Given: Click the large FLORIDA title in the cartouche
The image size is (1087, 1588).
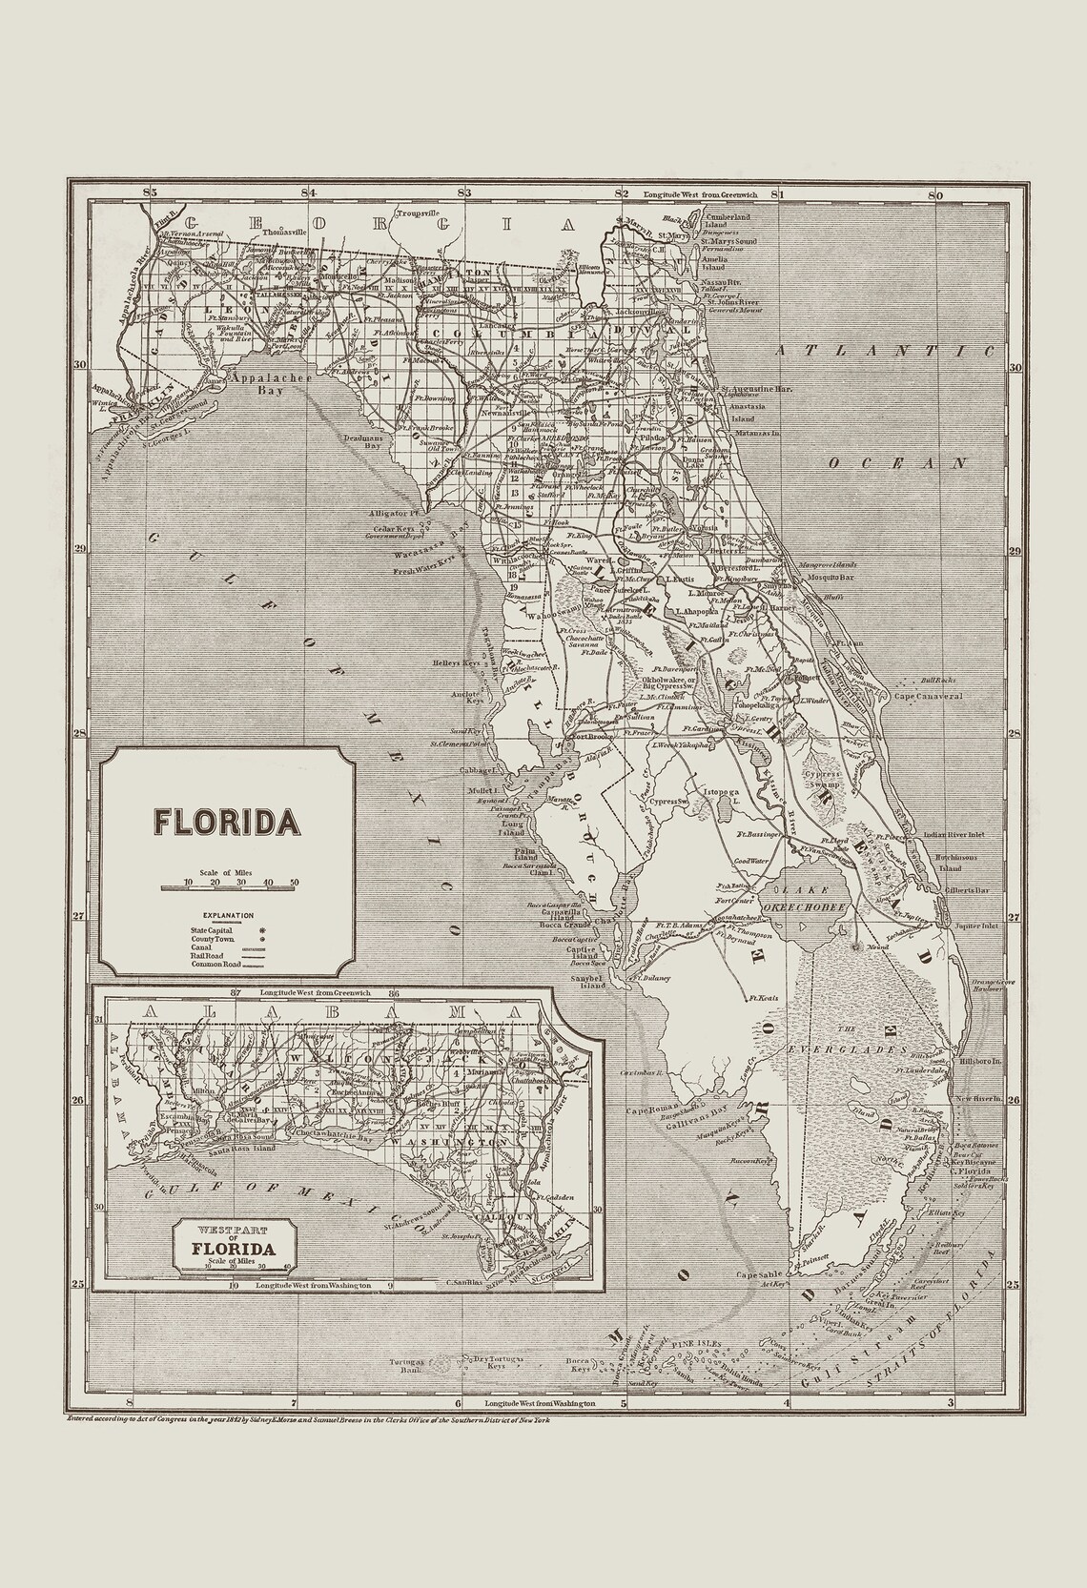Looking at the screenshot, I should (x=226, y=822).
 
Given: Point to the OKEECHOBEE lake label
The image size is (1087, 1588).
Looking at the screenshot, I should (x=813, y=907).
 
